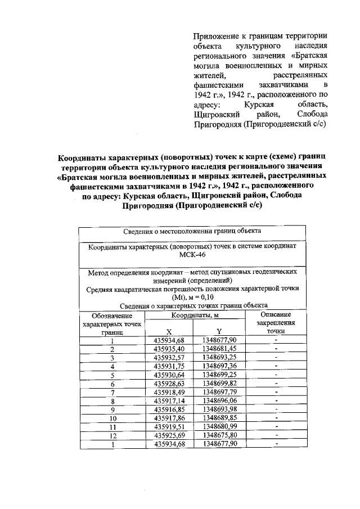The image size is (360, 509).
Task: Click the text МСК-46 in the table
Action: (x=192, y=255)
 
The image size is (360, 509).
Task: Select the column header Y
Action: (x=219, y=331)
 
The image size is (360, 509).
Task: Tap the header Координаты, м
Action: (x=195, y=317)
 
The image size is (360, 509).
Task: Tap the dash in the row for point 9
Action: (x=276, y=409)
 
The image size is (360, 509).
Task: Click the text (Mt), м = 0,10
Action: (x=191, y=296)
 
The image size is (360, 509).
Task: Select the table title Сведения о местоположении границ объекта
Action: (x=191, y=231)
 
